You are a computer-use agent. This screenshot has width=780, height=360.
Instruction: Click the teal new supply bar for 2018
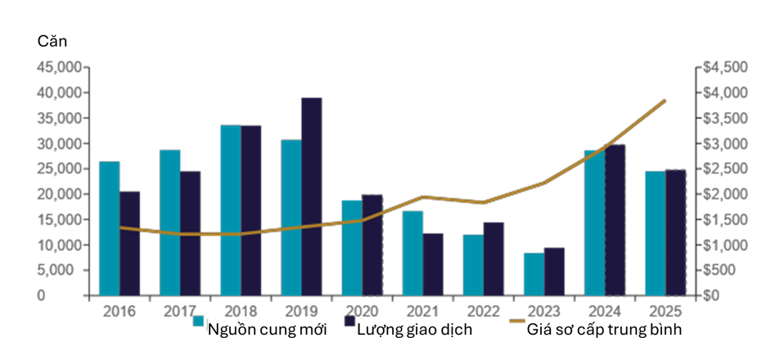tap(231, 210)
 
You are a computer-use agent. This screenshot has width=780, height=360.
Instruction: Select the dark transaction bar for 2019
tap(312, 197)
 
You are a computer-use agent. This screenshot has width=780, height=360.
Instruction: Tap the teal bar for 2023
tap(534, 274)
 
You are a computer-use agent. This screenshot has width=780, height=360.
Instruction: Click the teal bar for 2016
tap(110, 229)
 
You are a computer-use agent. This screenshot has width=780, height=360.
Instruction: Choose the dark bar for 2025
tap(675, 232)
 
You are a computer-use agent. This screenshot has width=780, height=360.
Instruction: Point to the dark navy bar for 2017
tap(191, 234)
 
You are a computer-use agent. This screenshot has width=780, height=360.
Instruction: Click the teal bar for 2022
tap(474, 265)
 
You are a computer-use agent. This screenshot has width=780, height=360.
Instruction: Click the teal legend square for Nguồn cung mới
tap(199, 321)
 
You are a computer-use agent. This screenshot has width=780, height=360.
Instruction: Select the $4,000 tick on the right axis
tap(722, 93)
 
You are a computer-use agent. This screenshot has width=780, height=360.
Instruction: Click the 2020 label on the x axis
tap(362, 311)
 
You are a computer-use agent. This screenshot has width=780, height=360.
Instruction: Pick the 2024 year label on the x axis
tap(605, 311)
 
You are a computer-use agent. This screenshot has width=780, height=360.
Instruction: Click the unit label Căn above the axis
tap(52, 42)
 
